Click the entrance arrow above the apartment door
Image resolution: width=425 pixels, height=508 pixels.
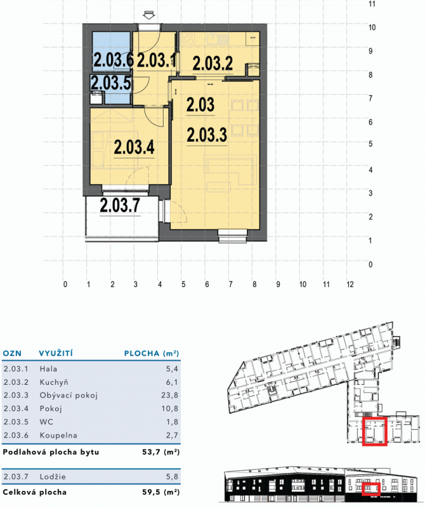click(x=149, y=15)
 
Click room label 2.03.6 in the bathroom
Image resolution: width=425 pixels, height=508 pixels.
click(x=114, y=60)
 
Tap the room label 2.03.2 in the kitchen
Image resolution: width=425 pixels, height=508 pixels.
click(x=213, y=63)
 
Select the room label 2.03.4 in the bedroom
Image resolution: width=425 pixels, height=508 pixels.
click(x=134, y=147)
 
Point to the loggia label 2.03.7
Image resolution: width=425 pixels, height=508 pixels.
click(x=120, y=205)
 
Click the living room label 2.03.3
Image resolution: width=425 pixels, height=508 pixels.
click(x=207, y=135)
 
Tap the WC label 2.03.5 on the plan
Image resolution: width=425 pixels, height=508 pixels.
click(x=111, y=83)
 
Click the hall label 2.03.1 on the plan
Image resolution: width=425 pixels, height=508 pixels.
click(x=157, y=60)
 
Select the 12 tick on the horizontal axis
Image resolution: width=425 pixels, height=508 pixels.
click(x=350, y=284)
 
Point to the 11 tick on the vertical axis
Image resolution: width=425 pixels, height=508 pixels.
click(x=372, y=4)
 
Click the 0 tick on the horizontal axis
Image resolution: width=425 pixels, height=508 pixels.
click(x=65, y=284)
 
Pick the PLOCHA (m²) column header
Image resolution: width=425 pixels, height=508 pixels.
click(x=152, y=353)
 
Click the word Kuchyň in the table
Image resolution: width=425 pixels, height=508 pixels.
click(x=54, y=382)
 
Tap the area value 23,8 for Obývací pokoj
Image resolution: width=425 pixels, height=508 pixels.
click(x=169, y=395)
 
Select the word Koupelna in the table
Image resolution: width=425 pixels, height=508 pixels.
click(x=58, y=436)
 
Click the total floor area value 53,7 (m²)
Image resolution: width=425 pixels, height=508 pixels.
click(x=161, y=452)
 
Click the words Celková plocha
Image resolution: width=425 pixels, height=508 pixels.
click(x=34, y=492)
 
